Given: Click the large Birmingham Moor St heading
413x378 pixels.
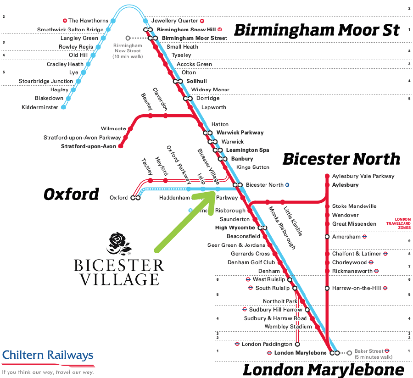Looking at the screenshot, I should click(x=317, y=31).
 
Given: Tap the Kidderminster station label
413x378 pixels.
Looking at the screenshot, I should click(x=40, y=107).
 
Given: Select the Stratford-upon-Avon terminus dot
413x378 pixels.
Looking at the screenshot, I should click(x=121, y=146).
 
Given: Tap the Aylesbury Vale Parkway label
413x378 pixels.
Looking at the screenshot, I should click(x=363, y=176).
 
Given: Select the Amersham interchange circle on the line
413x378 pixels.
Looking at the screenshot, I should click(x=327, y=237).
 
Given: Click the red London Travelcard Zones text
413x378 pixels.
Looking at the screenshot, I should click(x=397, y=223).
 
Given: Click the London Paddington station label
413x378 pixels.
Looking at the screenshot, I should click(x=267, y=344).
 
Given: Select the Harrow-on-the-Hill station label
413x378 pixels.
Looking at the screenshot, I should click(x=357, y=288).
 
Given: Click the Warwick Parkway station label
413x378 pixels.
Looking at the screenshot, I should click(x=240, y=133).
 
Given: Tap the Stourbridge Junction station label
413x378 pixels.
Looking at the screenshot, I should click(x=46, y=81).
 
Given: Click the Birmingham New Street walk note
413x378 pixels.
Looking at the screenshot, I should click(x=128, y=51).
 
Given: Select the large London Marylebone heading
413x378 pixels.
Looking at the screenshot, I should click(x=323, y=369).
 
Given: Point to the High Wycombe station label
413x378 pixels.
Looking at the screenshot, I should click(x=235, y=228).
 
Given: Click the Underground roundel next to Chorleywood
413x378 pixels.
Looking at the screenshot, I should click(x=371, y=262).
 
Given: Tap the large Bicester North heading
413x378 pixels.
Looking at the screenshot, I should click(x=341, y=159).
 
